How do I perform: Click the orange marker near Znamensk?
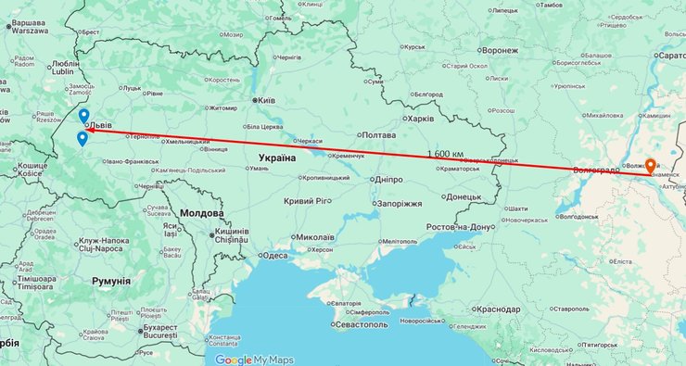[651, 166]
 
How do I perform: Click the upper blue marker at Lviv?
[83, 116]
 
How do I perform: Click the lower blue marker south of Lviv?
[82, 139]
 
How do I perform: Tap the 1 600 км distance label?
[446, 153]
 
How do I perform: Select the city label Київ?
[266, 99]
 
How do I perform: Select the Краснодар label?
[502, 309]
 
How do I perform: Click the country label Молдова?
[201, 212]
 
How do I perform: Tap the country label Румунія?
[111, 278]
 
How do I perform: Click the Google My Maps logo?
[253, 360]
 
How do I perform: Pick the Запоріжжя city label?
[399, 203]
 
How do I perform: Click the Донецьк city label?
[463, 196]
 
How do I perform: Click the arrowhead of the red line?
[90, 130]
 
